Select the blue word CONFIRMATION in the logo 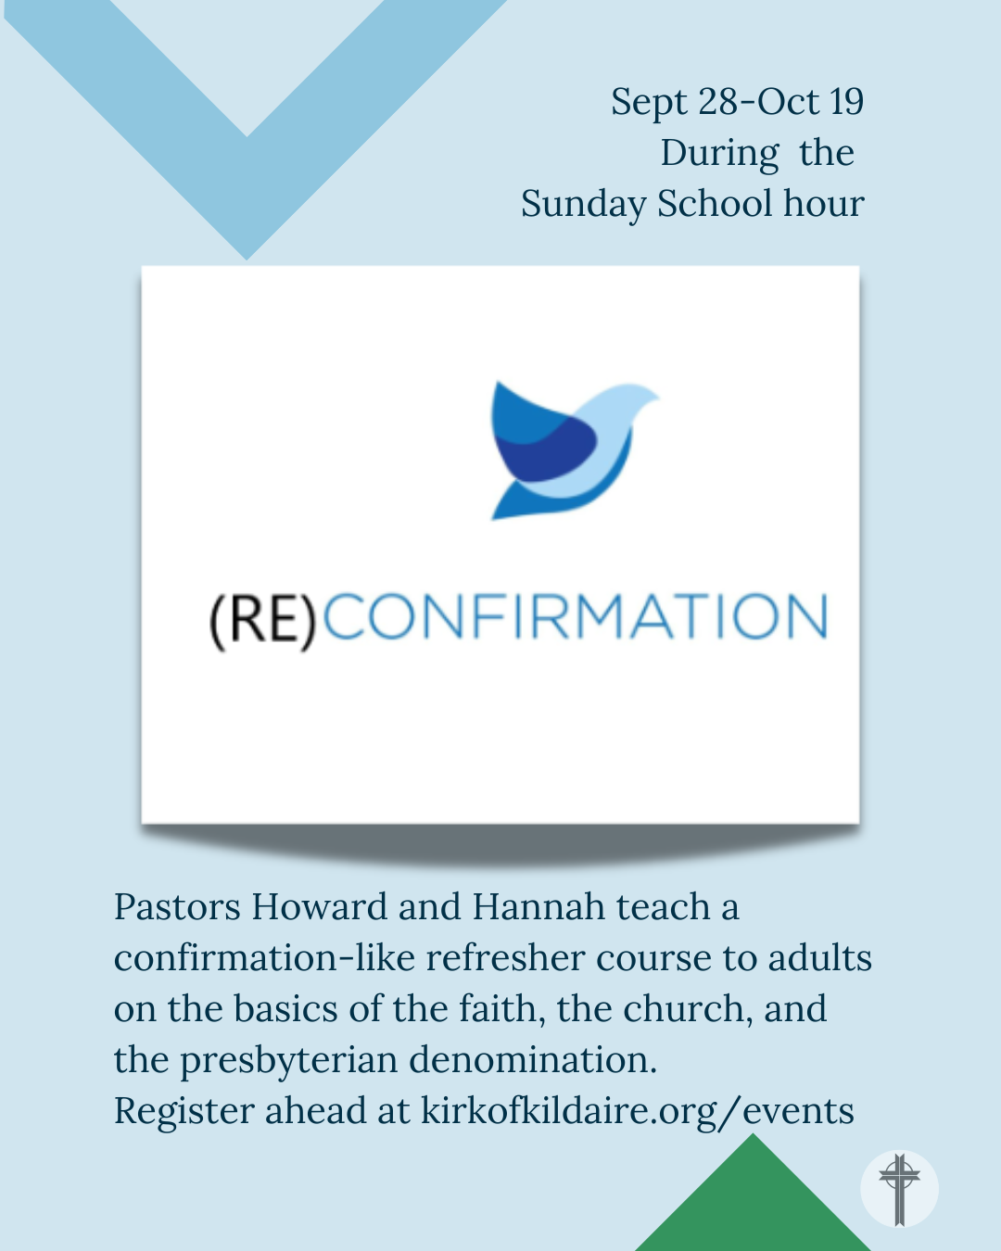pos(575,616)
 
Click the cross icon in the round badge pos(899,1190)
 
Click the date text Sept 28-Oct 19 pos(737,102)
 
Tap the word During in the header pos(719,154)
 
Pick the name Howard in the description pos(320,906)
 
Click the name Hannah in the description pos(539,906)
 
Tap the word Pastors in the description pos(177,907)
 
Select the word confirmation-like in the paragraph pos(265,957)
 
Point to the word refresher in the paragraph pos(505,957)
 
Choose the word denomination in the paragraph pos(533,1059)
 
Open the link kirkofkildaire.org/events pos(638,1112)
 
